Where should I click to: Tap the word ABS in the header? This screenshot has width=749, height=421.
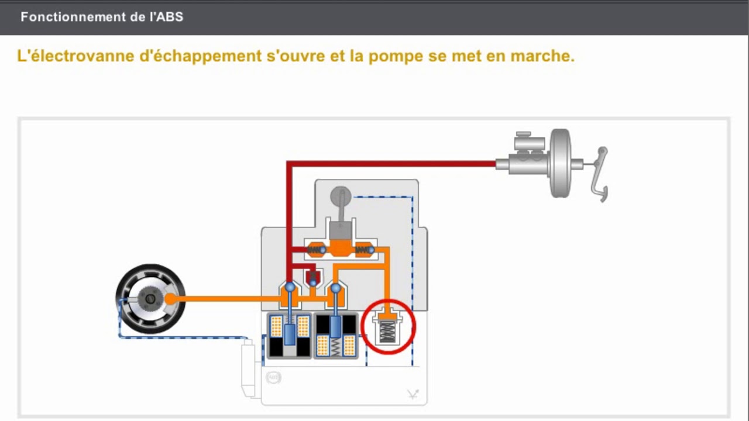(x=170, y=17)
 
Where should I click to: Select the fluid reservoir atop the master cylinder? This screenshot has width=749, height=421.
(x=528, y=143)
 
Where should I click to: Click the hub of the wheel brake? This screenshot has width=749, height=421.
(x=150, y=299)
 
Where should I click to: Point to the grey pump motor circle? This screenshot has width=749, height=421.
(x=339, y=196)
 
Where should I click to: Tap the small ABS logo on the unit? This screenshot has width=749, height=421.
(x=273, y=378)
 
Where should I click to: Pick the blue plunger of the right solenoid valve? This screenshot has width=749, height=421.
(x=335, y=325)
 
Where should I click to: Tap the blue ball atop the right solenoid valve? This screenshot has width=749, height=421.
(x=336, y=288)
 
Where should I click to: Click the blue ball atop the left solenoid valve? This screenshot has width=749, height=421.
(x=290, y=287)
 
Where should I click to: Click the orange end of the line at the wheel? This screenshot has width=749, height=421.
(x=170, y=299)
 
